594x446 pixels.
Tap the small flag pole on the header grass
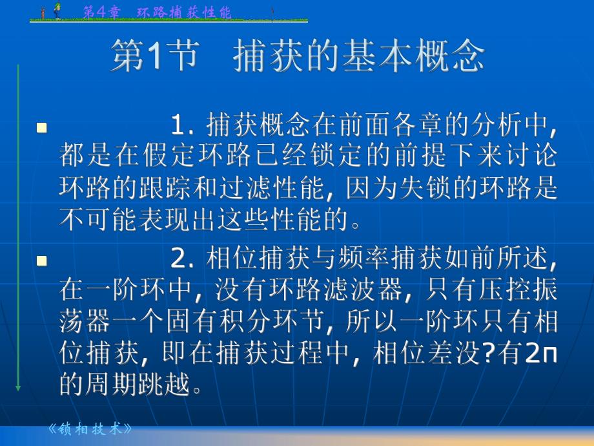point(272,13)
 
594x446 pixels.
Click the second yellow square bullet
point(43,261)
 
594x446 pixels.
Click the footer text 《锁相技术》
point(90,429)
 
